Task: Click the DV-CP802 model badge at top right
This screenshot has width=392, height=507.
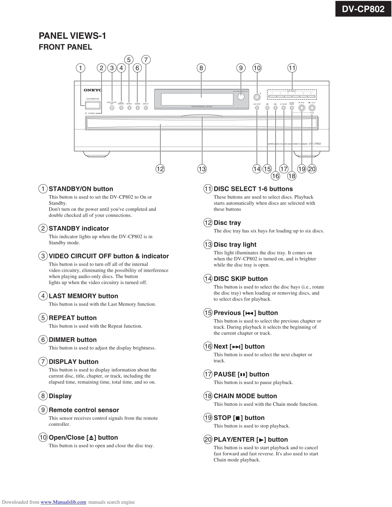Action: point(363,9)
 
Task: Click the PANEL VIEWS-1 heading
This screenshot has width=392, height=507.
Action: point(72,36)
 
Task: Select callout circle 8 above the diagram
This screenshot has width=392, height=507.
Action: point(201,68)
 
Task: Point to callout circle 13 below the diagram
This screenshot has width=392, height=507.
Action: point(202,169)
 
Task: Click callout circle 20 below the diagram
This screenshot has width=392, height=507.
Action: point(312,169)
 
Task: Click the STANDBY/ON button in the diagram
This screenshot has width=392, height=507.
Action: point(93,105)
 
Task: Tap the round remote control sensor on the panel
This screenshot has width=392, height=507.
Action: point(241,97)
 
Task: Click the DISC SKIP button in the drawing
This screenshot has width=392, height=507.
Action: point(257,108)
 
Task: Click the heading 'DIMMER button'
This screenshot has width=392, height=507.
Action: point(73,340)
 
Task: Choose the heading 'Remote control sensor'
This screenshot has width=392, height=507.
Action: point(84,410)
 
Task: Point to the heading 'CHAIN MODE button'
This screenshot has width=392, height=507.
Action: point(245,396)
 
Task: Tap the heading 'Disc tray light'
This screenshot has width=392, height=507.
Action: point(235,244)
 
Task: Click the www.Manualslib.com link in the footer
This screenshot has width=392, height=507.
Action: point(63,502)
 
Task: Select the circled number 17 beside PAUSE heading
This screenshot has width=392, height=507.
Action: point(208,374)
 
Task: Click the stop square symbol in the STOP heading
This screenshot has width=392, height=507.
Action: point(237,418)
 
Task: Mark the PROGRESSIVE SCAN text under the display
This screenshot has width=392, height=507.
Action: point(201,106)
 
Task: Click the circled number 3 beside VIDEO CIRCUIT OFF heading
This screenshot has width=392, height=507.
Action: point(43,256)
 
